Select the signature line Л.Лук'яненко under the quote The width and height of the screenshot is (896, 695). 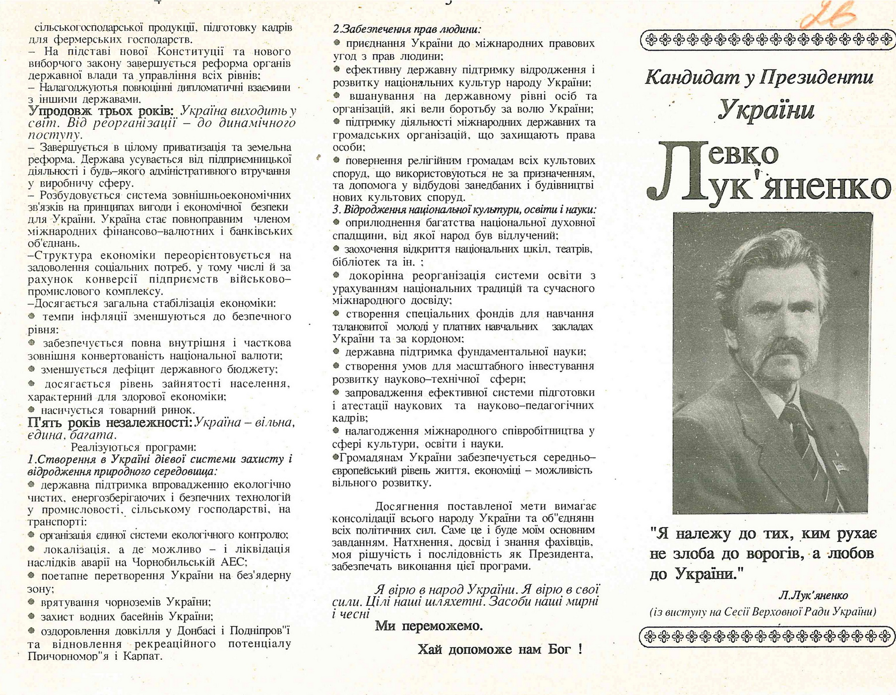pos(813,595)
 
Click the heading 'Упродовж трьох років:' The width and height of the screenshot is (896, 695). pos(101,111)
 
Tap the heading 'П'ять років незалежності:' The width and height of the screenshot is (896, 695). pos(110,422)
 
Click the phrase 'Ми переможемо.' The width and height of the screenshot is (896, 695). pos(429,625)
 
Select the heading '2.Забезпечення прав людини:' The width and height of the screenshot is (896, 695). pos(407,29)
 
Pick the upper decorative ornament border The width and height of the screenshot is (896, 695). pos(766,40)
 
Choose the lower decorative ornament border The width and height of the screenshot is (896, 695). pos(766,636)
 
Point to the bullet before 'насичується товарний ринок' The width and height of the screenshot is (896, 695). pos(32,410)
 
